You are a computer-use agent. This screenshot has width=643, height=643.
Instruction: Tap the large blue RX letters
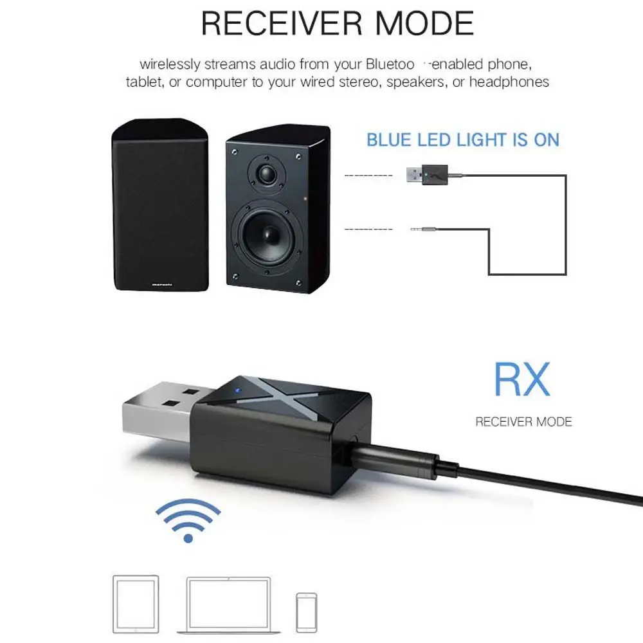[521, 380]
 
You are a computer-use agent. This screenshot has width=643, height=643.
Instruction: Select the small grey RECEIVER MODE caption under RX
[523, 422]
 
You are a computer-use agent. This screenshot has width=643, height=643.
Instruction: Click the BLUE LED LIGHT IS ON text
[463, 140]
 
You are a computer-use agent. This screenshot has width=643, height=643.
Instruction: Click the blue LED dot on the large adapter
[237, 390]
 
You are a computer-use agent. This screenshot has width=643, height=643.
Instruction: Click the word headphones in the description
[509, 82]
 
